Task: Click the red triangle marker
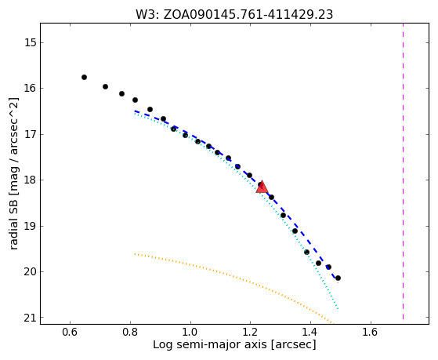point(262,187)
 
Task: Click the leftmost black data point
point(84,77)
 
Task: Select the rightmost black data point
point(338,278)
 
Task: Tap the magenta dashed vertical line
point(403,171)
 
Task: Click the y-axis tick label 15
point(30,43)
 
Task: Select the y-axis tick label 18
point(30,180)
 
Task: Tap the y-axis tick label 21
point(30,318)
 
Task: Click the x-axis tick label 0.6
point(70,332)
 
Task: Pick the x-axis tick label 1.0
point(190,332)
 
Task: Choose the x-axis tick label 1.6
point(371,332)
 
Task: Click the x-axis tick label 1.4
point(310,332)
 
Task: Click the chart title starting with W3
point(234,15)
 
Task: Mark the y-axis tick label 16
point(30,89)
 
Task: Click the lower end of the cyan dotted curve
point(338,309)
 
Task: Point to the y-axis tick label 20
point(30,272)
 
